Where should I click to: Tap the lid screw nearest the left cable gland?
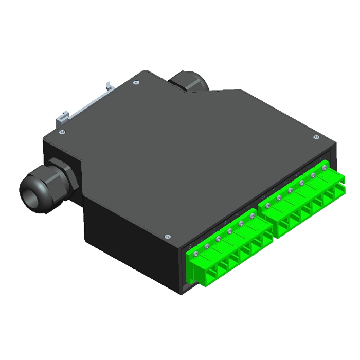click(62, 132)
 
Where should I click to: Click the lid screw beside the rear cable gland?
click(136, 82)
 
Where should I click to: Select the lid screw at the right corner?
click(316, 137)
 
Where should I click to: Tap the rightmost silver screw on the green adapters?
click(325, 168)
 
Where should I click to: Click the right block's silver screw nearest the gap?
click(267, 206)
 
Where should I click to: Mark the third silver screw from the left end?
click(218, 239)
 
